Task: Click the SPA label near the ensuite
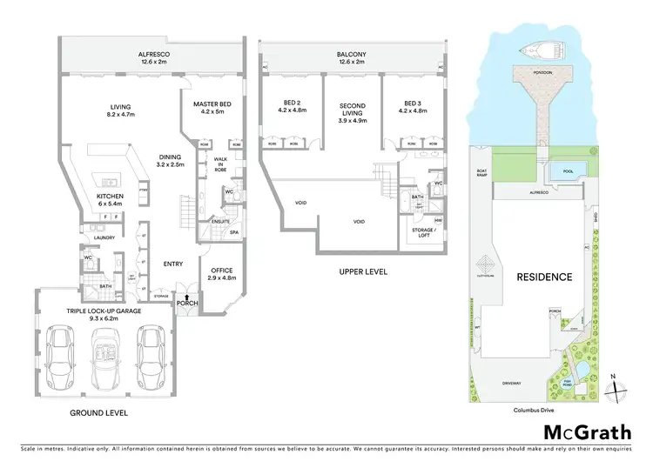pos(234,232)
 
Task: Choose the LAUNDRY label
pos(104,237)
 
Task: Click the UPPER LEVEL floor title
pos(352,273)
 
